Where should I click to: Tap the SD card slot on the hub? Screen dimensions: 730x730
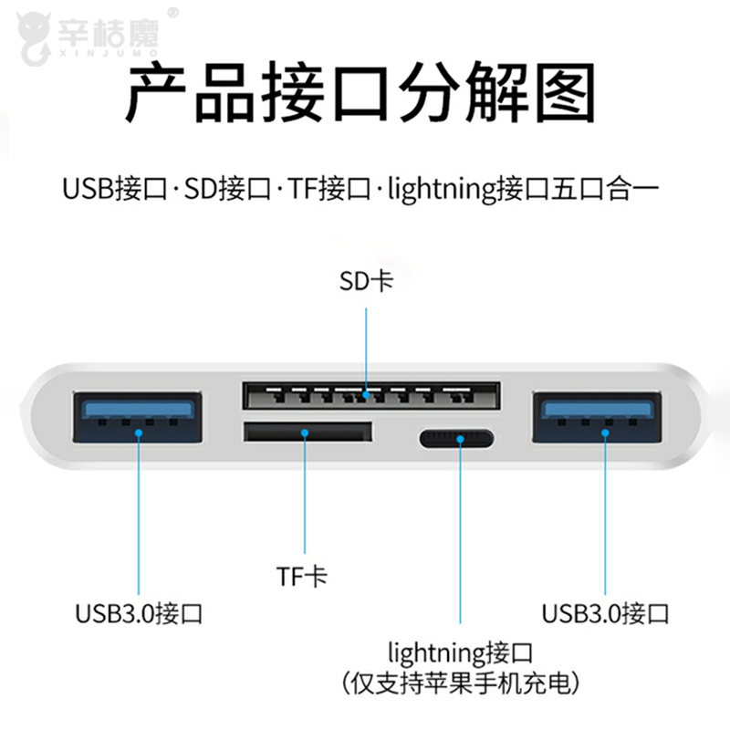click(x=370, y=395)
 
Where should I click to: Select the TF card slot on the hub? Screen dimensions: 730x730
click(x=307, y=432)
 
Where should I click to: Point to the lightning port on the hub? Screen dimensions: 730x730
click(x=457, y=439)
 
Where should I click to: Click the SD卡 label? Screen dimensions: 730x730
click(x=366, y=280)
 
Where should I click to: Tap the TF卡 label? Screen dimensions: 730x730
click(x=303, y=576)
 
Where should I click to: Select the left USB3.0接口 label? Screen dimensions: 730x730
click(x=139, y=613)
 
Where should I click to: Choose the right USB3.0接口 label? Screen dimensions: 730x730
click(x=605, y=613)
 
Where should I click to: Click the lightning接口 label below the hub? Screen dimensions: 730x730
click(x=460, y=653)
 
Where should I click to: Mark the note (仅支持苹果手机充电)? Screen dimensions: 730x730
click(x=460, y=683)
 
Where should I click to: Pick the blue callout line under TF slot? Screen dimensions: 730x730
click(x=304, y=502)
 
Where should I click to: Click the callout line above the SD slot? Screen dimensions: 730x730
click(x=366, y=347)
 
